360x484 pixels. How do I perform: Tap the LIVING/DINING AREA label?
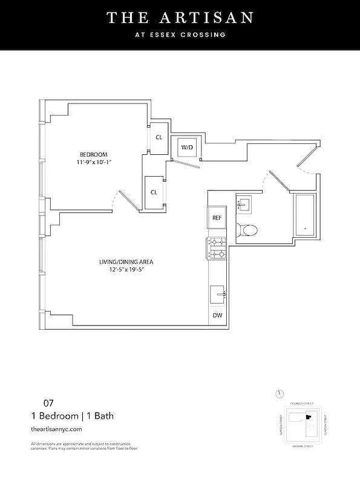pyautogui.click(x=126, y=262)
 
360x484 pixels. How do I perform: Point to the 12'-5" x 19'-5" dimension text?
pyautogui.click(x=126, y=270)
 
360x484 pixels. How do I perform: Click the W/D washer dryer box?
pyautogui.click(x=185, y=147)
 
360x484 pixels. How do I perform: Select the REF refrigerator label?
pyautogui.click(x=217, y=218)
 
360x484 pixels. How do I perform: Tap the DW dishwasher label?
pyautogui.click(x=217, y=315)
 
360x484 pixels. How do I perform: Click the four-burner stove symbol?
pyautogui.click(x=217, y=248)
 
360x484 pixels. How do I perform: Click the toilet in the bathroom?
pyautogui.click(x=248, y=230)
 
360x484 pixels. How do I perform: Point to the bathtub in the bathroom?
pyautogui.click(x=305, y=216)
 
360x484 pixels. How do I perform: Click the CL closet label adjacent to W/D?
pyautogui.click(x=159, y=137)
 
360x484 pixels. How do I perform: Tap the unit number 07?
pyautogui.click(x=48, y=402)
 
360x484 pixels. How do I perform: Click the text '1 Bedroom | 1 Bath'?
pyautogui.click(x=72, y=416)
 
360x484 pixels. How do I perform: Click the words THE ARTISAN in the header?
pyautogui.click(x=180, y=18)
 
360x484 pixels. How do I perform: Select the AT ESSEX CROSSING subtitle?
pyautogui.click(x=180, y=34)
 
